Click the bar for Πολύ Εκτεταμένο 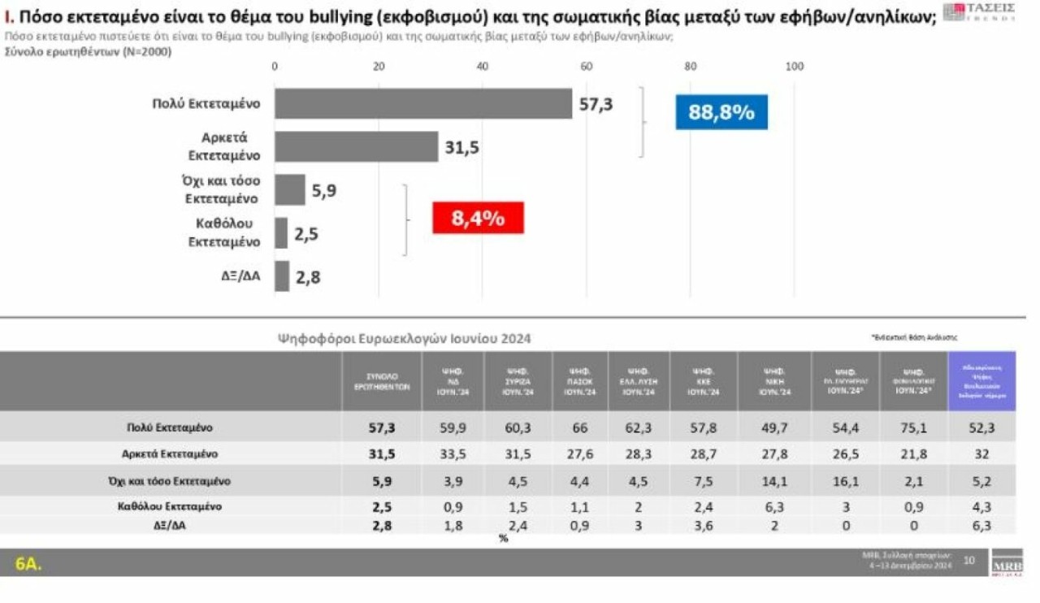coord(422,104)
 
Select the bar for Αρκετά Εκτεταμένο coord(356,147)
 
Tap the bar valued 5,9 coord(290,190)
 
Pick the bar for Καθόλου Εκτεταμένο coord(281,233)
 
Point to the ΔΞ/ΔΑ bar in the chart coord(282,276)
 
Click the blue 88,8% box coord(721,112)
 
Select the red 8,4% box coord(478,218)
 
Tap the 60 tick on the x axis coord(586,67)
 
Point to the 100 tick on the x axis coord(794,67)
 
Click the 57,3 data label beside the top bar coord(596,104)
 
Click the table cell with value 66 coord(581,427)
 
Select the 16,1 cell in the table coord(845,481)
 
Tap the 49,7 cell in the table coord(773,427)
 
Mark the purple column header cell coord(981,381)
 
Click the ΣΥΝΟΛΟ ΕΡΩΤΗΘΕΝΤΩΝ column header coord(381,381)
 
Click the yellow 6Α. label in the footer coord(29,562)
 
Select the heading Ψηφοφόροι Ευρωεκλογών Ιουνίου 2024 coord(405,338)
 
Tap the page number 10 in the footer coord(969,559)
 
